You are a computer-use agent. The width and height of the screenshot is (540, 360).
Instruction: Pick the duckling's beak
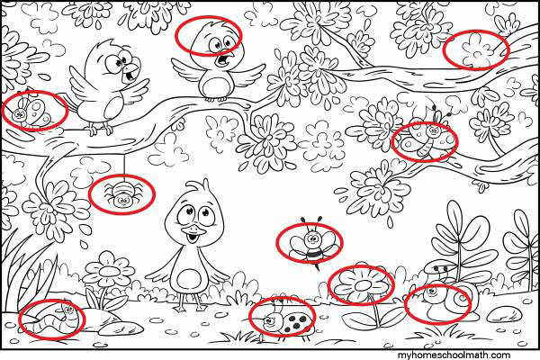(191, 235)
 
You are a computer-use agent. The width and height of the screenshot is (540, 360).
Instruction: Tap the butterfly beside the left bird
(31, 111)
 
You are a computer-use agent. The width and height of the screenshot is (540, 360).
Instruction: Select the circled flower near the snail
(361, 285)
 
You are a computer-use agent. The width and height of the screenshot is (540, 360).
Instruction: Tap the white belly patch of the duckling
(188, 280)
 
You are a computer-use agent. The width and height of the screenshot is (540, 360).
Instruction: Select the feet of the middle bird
(216, 99)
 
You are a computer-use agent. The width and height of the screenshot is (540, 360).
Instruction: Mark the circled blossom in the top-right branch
(476, 50)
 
